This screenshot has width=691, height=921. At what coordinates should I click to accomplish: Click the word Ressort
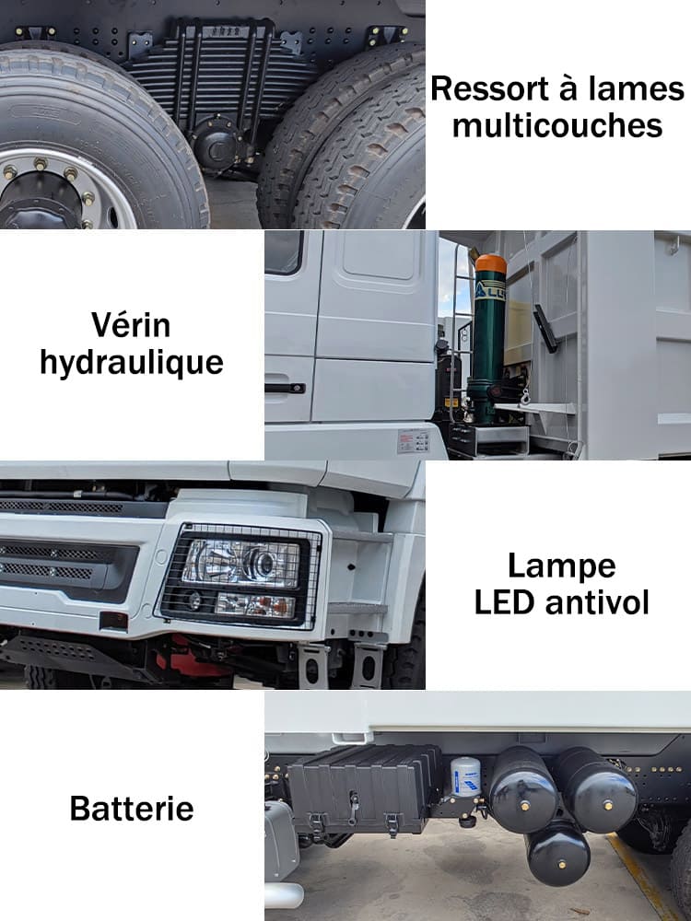[x=486, y=89]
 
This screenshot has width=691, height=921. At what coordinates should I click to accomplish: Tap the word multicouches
[x=557, y=125]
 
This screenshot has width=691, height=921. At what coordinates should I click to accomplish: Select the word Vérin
[x=131, y=324]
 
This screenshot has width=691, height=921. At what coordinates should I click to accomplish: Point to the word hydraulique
[x=131, y=362]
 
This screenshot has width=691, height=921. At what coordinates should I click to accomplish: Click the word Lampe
[x=561, y=565]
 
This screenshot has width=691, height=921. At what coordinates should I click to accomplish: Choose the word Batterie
[x=132, y=809]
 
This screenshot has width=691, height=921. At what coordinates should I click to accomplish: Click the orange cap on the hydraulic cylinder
[x=491, y=262]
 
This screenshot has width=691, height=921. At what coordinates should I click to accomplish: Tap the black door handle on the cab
[x=285, y=388]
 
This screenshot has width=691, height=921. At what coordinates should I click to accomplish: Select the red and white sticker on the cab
[x=414, y=441]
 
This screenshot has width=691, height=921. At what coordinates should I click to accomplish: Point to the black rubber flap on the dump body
[x=545, y=328]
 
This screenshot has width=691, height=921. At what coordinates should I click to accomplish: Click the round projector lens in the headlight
[x=262, y=564]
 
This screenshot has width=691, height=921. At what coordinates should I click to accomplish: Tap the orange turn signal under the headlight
[x=276, y=605]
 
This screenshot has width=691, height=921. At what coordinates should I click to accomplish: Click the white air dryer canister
[x=466, y=776]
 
